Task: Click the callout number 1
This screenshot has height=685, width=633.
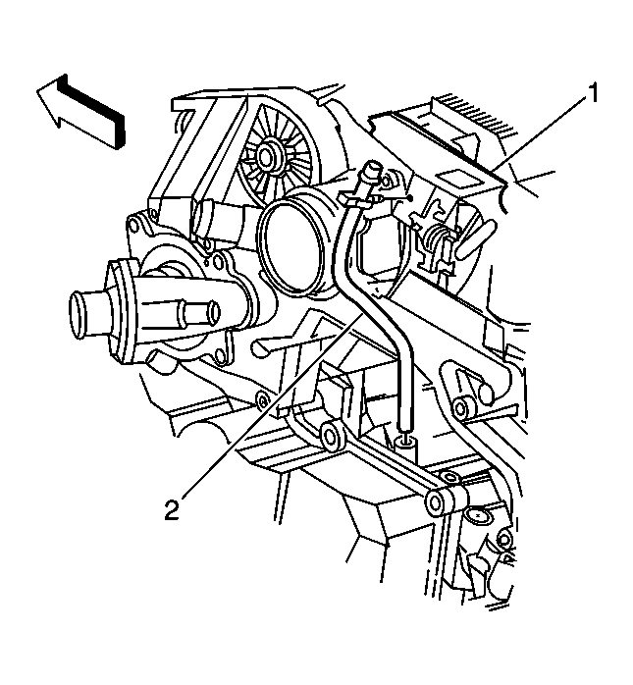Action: (x=593, y=93)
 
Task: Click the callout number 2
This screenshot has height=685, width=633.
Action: (x=172, y=509)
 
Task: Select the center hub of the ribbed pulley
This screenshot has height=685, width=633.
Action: (x=266, y=154)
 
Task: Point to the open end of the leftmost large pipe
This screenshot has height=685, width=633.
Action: (x=79, y=314)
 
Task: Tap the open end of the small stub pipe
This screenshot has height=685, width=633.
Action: (x=214, y=310)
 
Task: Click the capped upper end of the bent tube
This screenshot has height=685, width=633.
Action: (x=372, y=168)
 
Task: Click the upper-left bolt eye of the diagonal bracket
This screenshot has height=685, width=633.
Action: (x=333, y=436)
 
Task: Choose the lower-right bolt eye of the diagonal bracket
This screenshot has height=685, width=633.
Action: (x=437, y=502)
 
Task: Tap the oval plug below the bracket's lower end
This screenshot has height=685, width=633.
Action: (x=478, y=515)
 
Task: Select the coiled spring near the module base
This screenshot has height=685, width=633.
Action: (x=436, y=239)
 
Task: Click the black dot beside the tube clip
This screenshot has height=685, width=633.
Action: (x=410, y=197)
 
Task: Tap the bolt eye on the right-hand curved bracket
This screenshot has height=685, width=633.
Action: (x=460, y=408)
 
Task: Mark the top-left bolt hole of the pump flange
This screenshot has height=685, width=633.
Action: (x=132, y=223)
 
